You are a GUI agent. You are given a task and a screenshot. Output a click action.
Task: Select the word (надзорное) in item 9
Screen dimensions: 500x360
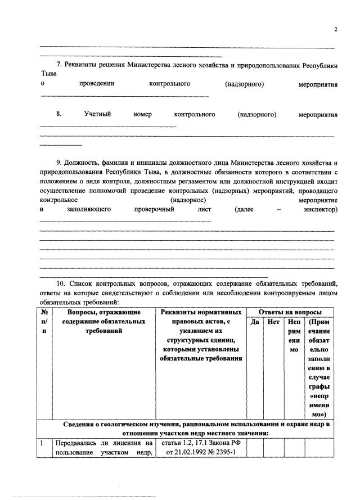pyautogui.click(x=188, y=200)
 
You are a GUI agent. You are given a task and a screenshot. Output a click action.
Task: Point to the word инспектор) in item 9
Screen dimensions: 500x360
pyautogui.click(x=320, y=209)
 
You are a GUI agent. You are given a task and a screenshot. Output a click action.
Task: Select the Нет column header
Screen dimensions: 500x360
pyautogui.click(x=274, y=322)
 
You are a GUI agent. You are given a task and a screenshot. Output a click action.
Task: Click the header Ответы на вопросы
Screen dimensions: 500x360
pyautogui.click(x=290, y=312)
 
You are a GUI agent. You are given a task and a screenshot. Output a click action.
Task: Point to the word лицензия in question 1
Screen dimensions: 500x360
pyautogui.click(x=124, y=444)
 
